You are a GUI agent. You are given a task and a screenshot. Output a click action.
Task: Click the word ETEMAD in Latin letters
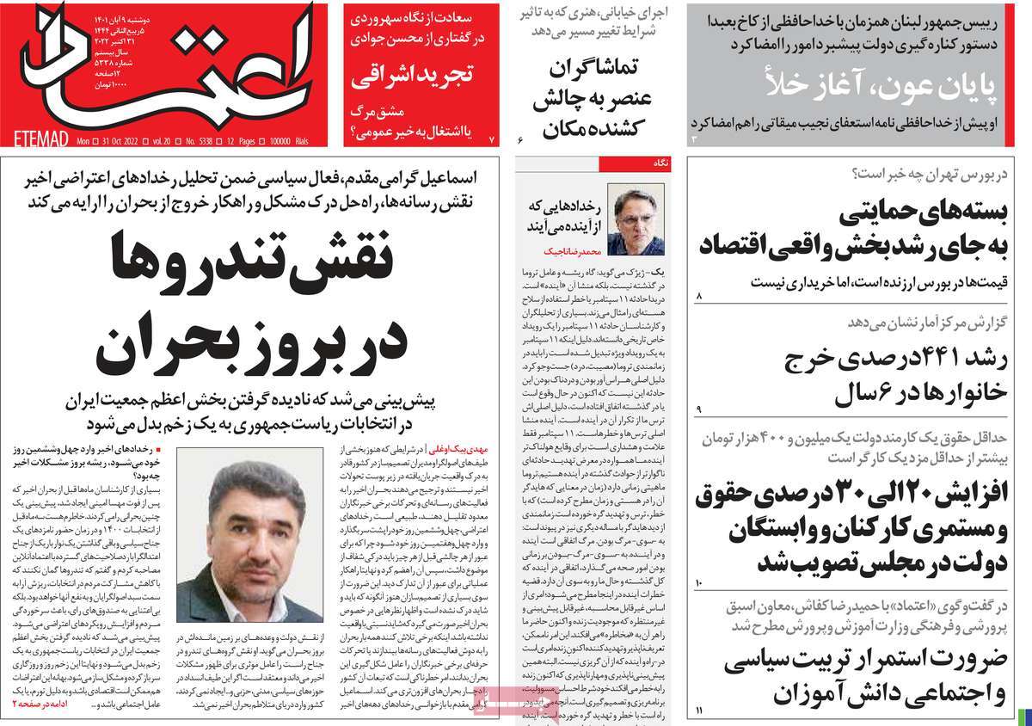pyautogui.click(x=41, y=138)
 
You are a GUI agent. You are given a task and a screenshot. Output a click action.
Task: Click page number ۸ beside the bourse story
pyautogui.click(x=699, y=297)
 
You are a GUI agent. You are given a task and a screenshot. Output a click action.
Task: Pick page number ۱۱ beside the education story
pyautogui.click(x=699, y=709)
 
